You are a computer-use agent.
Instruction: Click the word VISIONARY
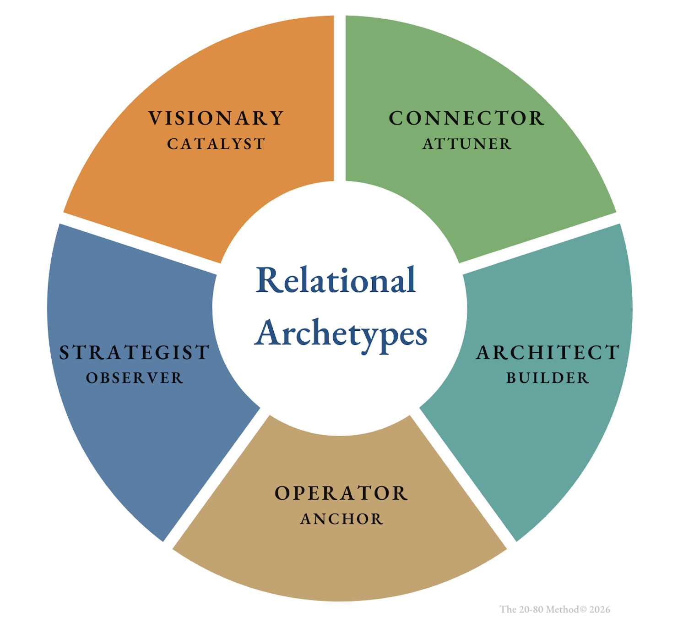(x=216, y=118)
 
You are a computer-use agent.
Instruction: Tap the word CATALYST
(x=216, y=144)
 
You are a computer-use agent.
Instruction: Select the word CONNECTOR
(x=466, y=118)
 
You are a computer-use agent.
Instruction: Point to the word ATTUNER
(x=466, y=144)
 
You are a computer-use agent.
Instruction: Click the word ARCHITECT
(x=547, y=353)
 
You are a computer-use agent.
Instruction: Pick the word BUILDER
(x=547, y=378)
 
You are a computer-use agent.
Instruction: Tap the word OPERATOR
(x=341, y=493)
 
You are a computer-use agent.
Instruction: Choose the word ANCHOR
(x=341, y=519)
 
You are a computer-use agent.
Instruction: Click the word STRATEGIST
(x=135, y=353)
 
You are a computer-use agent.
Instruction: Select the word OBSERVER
(x=135, y=378)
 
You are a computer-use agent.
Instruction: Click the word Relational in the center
(x=336, y=280)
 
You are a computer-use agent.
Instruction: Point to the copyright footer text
(x=555, y=609)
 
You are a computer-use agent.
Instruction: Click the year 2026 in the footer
(x=600, y=609)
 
